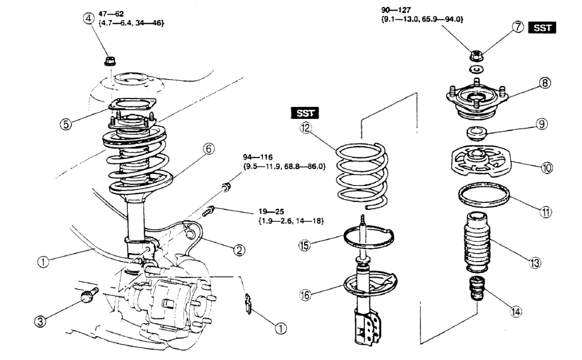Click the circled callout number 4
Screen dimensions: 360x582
pyautogui.click(x=88, y=18)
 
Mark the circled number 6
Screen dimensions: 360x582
pyautogui.click(x=209, y=148)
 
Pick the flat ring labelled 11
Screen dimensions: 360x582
pyautogui.click(x=483, y=197)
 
